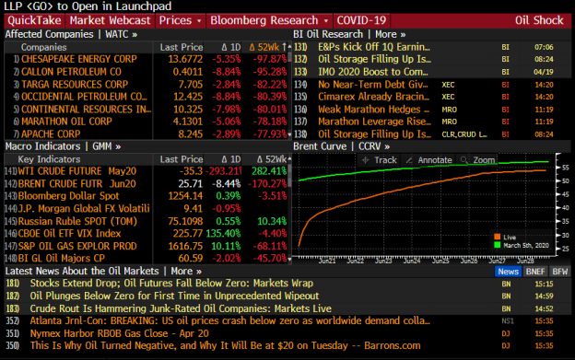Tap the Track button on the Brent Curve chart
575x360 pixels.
click(382, 160)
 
